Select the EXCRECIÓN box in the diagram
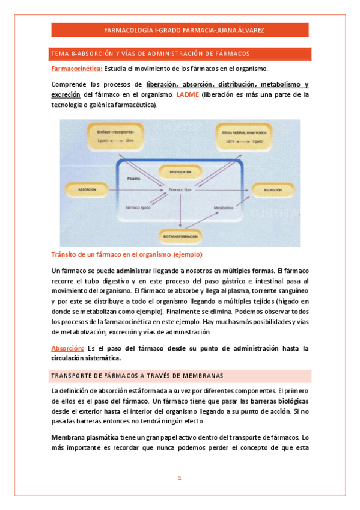[x=273, y=189]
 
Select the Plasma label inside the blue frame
[x=135, y=179]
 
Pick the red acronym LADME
[x=188, y=94]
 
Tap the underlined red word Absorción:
[x=67, y=348]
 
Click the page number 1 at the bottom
[x=180, y=478]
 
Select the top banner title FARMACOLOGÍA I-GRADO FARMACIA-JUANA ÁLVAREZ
[x=180, y=30]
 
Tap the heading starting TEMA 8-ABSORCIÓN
[x=150, y=53]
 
